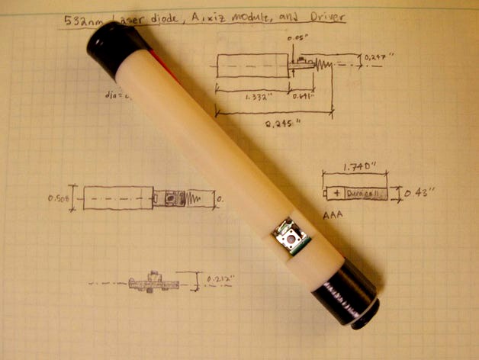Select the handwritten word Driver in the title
click(x=323, y=15)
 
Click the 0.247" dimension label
click(x=379, y=56)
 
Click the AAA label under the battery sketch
click(x=333, y=216)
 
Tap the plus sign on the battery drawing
click(x=336, y=193)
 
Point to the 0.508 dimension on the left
click(x=58, y=198)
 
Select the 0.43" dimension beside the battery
click(x=418, y=193)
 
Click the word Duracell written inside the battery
click(x=362, y=194)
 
